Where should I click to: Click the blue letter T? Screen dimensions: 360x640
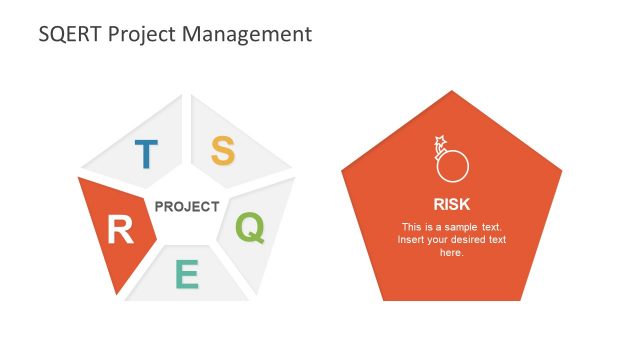click(146, 154)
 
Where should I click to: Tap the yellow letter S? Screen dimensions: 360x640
click(222, 151)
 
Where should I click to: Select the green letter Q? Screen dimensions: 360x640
click(250, 228)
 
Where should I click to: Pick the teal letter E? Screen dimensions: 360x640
click(187, 274)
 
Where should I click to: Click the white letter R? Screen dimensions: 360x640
click(120, 231)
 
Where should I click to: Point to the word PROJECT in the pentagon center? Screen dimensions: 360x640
click(187, 207)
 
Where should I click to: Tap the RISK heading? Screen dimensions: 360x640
click(451, 199)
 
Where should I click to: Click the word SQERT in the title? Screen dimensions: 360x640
click(69, 34)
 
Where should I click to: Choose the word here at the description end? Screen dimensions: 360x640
click(451, 253)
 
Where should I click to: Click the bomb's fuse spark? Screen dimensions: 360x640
click(438, 141)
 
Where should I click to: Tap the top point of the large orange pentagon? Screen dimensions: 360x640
click(452, 92)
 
